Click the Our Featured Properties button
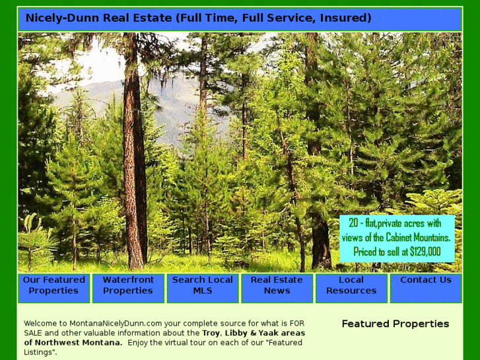[x=54, y=286]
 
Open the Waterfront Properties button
[x=128, y=286]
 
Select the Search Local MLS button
[x=203, y=286]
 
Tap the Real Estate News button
[x=277, y=286]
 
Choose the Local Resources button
[x=351, y=286]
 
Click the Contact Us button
[x=426, y=280]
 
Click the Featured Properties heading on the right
[x=395, y=324]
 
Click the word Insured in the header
[x=345, y=18]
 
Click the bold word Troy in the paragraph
[x=211, y=333]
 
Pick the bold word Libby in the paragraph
[x=236, y=333]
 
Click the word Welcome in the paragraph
[x=43, y=323]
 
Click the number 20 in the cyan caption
[x=353, y=223]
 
